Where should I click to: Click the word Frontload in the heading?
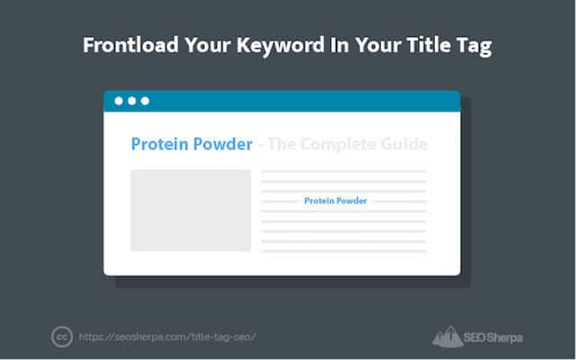(x=130, y=45)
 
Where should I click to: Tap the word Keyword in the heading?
(x=281, y=46)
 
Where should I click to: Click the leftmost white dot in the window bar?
(x=119, y=101)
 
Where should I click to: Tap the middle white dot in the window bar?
(x=132, y=101)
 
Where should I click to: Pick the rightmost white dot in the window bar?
(x=145, y=101)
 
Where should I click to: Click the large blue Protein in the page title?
(x=160, y=144)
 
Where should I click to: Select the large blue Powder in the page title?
(x=223, y=144)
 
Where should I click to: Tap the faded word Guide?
(x=404, y=144)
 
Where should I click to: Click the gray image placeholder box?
(x=191, y=211)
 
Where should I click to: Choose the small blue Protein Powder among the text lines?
(x=336, y=201)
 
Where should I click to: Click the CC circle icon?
(x=62, y=337)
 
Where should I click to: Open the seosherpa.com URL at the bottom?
(x=167, y=337)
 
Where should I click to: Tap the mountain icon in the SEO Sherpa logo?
(x=447, y=337)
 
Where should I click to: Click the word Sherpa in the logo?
(x=505, y=337)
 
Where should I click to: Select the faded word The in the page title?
(x=282, y=144)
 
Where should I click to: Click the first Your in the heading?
(x=208, y=45)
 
